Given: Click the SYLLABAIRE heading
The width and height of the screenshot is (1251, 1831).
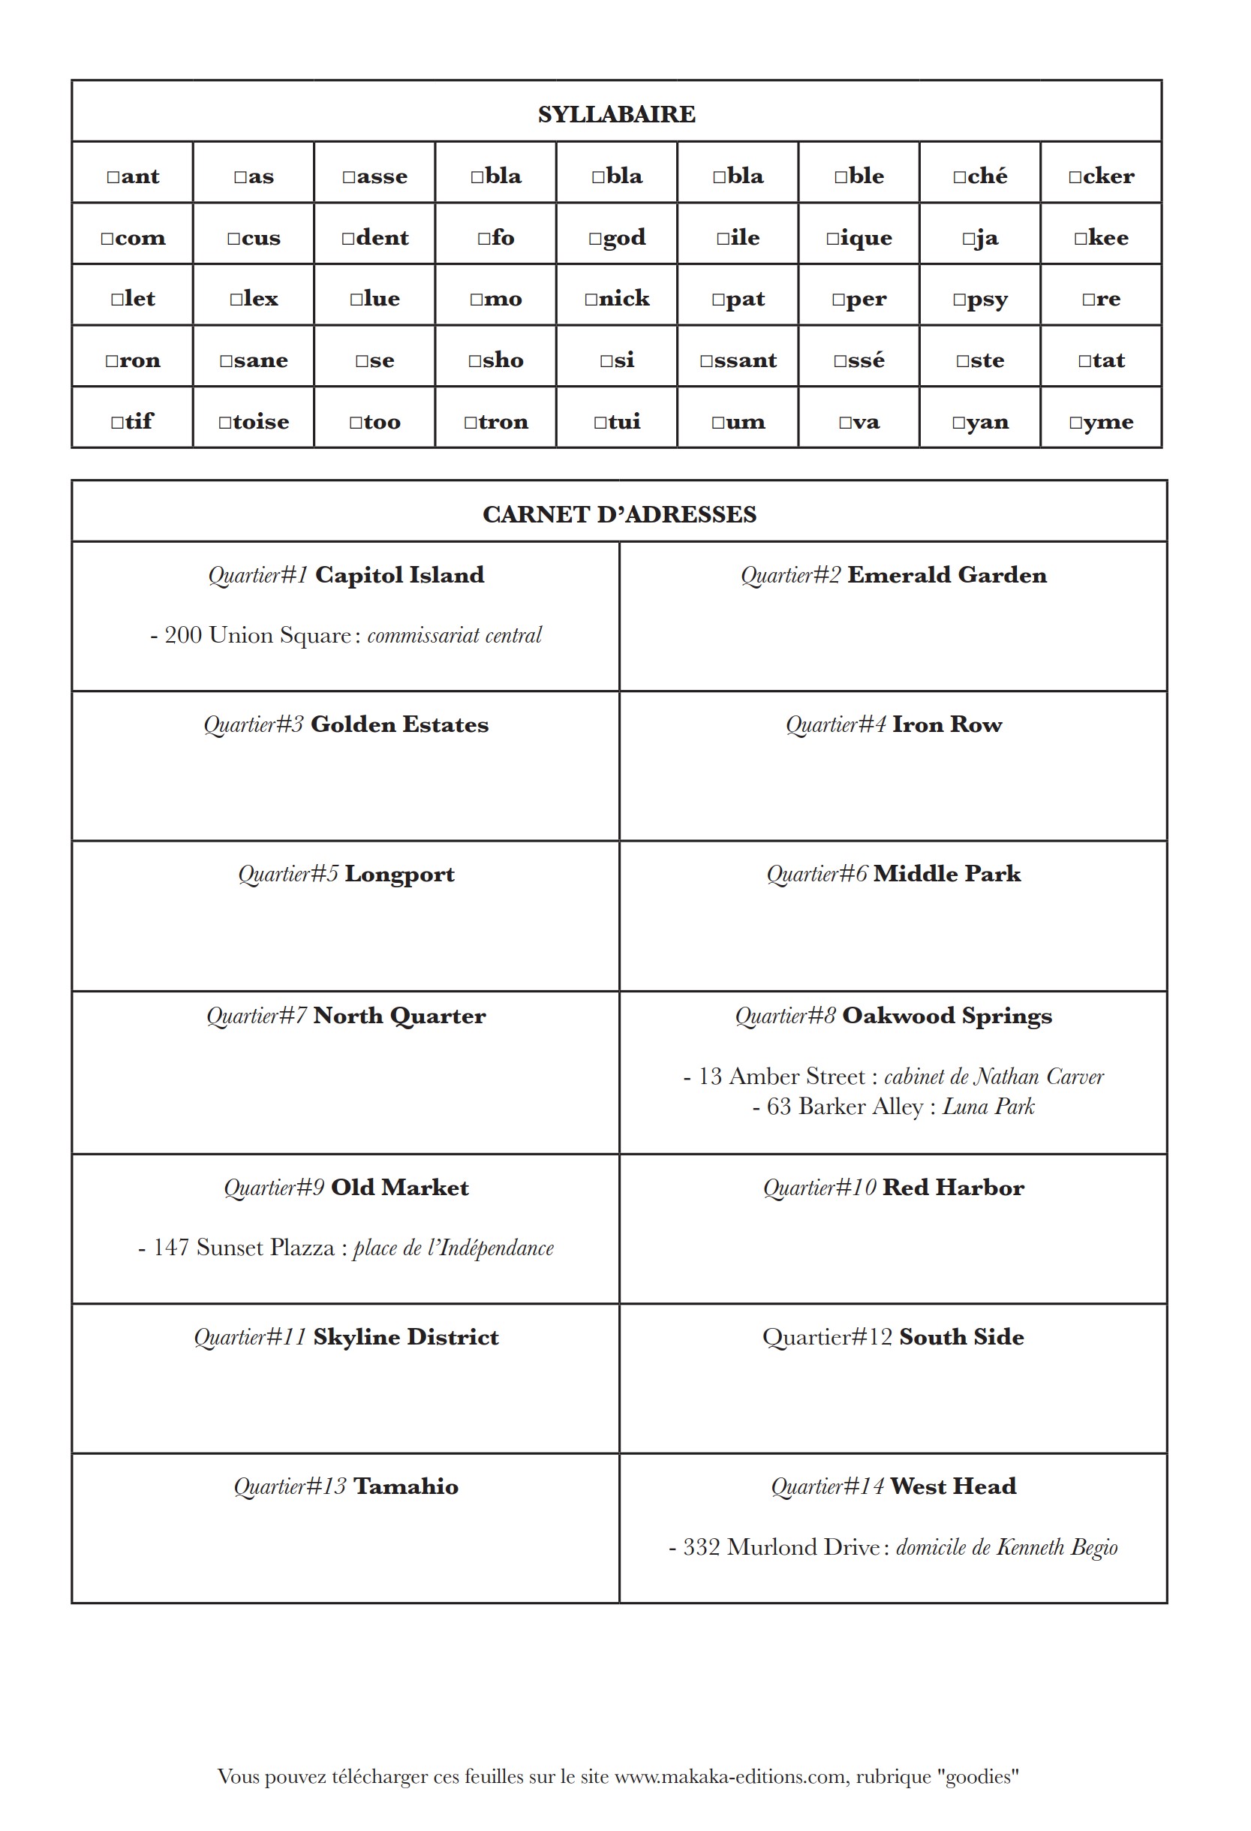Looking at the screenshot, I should (x=616, y=114).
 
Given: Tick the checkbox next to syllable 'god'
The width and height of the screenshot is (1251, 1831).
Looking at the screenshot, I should (x=594, y=239).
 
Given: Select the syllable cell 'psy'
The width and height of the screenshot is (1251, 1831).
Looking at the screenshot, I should (x=980, y=299).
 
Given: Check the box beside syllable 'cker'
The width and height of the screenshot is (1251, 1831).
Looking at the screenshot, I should (x=1075, y=177).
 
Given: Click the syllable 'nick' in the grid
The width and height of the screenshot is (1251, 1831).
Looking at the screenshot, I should (x=617, y=299).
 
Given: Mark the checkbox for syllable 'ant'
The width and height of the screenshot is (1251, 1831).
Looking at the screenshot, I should (x=113, y=177).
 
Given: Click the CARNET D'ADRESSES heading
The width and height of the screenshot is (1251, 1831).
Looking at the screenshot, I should (x=619, y=514).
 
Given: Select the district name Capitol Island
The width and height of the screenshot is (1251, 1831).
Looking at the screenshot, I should (x=399, y=575).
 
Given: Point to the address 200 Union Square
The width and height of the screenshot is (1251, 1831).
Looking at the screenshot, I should (x=257, y=635).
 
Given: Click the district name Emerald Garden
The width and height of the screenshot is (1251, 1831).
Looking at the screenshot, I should (x=947, y=575).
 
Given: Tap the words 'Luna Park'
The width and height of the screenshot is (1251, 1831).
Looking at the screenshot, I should (x=988, y=1107).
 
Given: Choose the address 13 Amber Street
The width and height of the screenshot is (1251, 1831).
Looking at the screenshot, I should (x=780, y=1077).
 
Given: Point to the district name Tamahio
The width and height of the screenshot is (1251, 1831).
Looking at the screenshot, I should (x=406, y=1486).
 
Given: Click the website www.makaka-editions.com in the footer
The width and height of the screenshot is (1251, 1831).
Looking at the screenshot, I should (x=731, y=1777).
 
